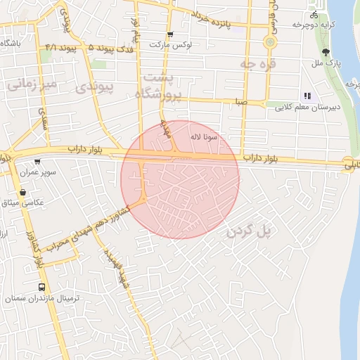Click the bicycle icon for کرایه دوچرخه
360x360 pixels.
[314, 14]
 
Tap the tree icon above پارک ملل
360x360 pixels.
[325, 52]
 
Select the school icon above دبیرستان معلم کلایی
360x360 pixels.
[307, 96]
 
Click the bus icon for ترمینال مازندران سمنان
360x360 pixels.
[42, 288]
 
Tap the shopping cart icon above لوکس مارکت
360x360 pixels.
[170, 34]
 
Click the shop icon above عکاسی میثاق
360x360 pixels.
[25, 192]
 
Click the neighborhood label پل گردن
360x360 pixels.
[250, 231]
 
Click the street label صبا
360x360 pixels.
[242, 102]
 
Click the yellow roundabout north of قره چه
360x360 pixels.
[269, 42]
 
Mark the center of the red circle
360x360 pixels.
[180, 179]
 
